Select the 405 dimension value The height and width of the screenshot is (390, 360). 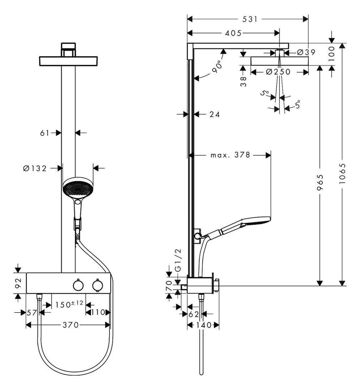[x=233, y=33]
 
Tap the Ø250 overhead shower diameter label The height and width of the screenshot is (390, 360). [x=278, y=72]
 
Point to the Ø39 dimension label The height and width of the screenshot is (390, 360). [x=306, y=52]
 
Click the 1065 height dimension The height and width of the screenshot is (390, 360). [x=343, y=174]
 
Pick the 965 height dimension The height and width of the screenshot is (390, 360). [x=320, y=183]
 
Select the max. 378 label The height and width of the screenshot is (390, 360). [x=230, y=155]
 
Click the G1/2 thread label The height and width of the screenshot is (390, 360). [x=179, y=260]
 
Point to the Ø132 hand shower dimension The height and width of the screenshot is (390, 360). [x=35, y=169]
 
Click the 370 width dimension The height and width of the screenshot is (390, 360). [x=71, y=325]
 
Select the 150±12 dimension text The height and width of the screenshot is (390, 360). [x=69, y=304]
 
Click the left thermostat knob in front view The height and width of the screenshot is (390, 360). [x=78, y=285]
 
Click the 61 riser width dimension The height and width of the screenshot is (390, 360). [x=44, y=133]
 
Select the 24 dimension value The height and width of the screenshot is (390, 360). [x=215, y=114]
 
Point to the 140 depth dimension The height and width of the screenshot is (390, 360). [x=203, y=325]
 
